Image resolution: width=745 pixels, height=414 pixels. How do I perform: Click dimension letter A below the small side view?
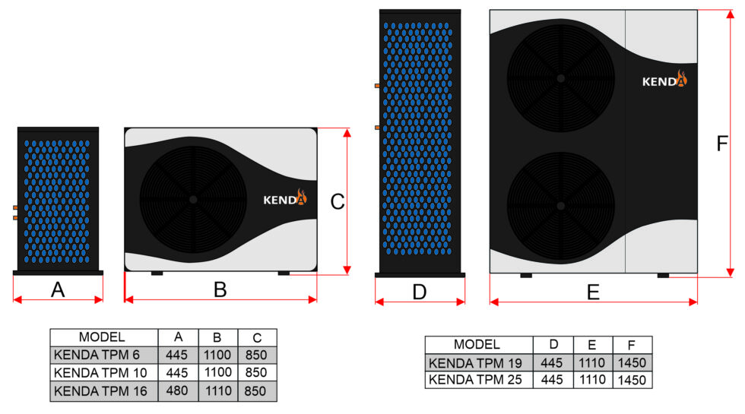click(57, 289)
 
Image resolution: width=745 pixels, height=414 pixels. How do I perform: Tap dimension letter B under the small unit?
click(220, 289)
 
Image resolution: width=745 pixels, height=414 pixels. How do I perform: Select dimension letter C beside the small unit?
click(338, 201)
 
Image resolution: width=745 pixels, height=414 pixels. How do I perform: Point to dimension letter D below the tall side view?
click(419, 292)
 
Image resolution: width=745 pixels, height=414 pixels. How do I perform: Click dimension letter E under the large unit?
click(594, 292)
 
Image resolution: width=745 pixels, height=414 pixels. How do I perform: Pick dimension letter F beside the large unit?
click(723, 144)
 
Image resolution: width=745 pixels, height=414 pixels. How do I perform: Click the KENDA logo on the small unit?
click(285, 199)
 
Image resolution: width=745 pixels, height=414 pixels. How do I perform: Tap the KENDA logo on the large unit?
click(664, 80)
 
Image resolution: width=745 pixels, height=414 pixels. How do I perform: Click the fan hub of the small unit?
click(193, 199)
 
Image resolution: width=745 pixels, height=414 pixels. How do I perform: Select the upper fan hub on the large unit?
click(561, 77)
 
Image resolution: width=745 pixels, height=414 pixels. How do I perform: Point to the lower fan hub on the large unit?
click(561, 205)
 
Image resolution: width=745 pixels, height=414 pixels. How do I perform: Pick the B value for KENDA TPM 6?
click(217, 356)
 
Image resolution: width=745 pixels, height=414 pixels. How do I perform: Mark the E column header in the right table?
click(592, 345)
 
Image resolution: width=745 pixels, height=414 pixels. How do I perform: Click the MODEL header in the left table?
click(102, 337)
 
